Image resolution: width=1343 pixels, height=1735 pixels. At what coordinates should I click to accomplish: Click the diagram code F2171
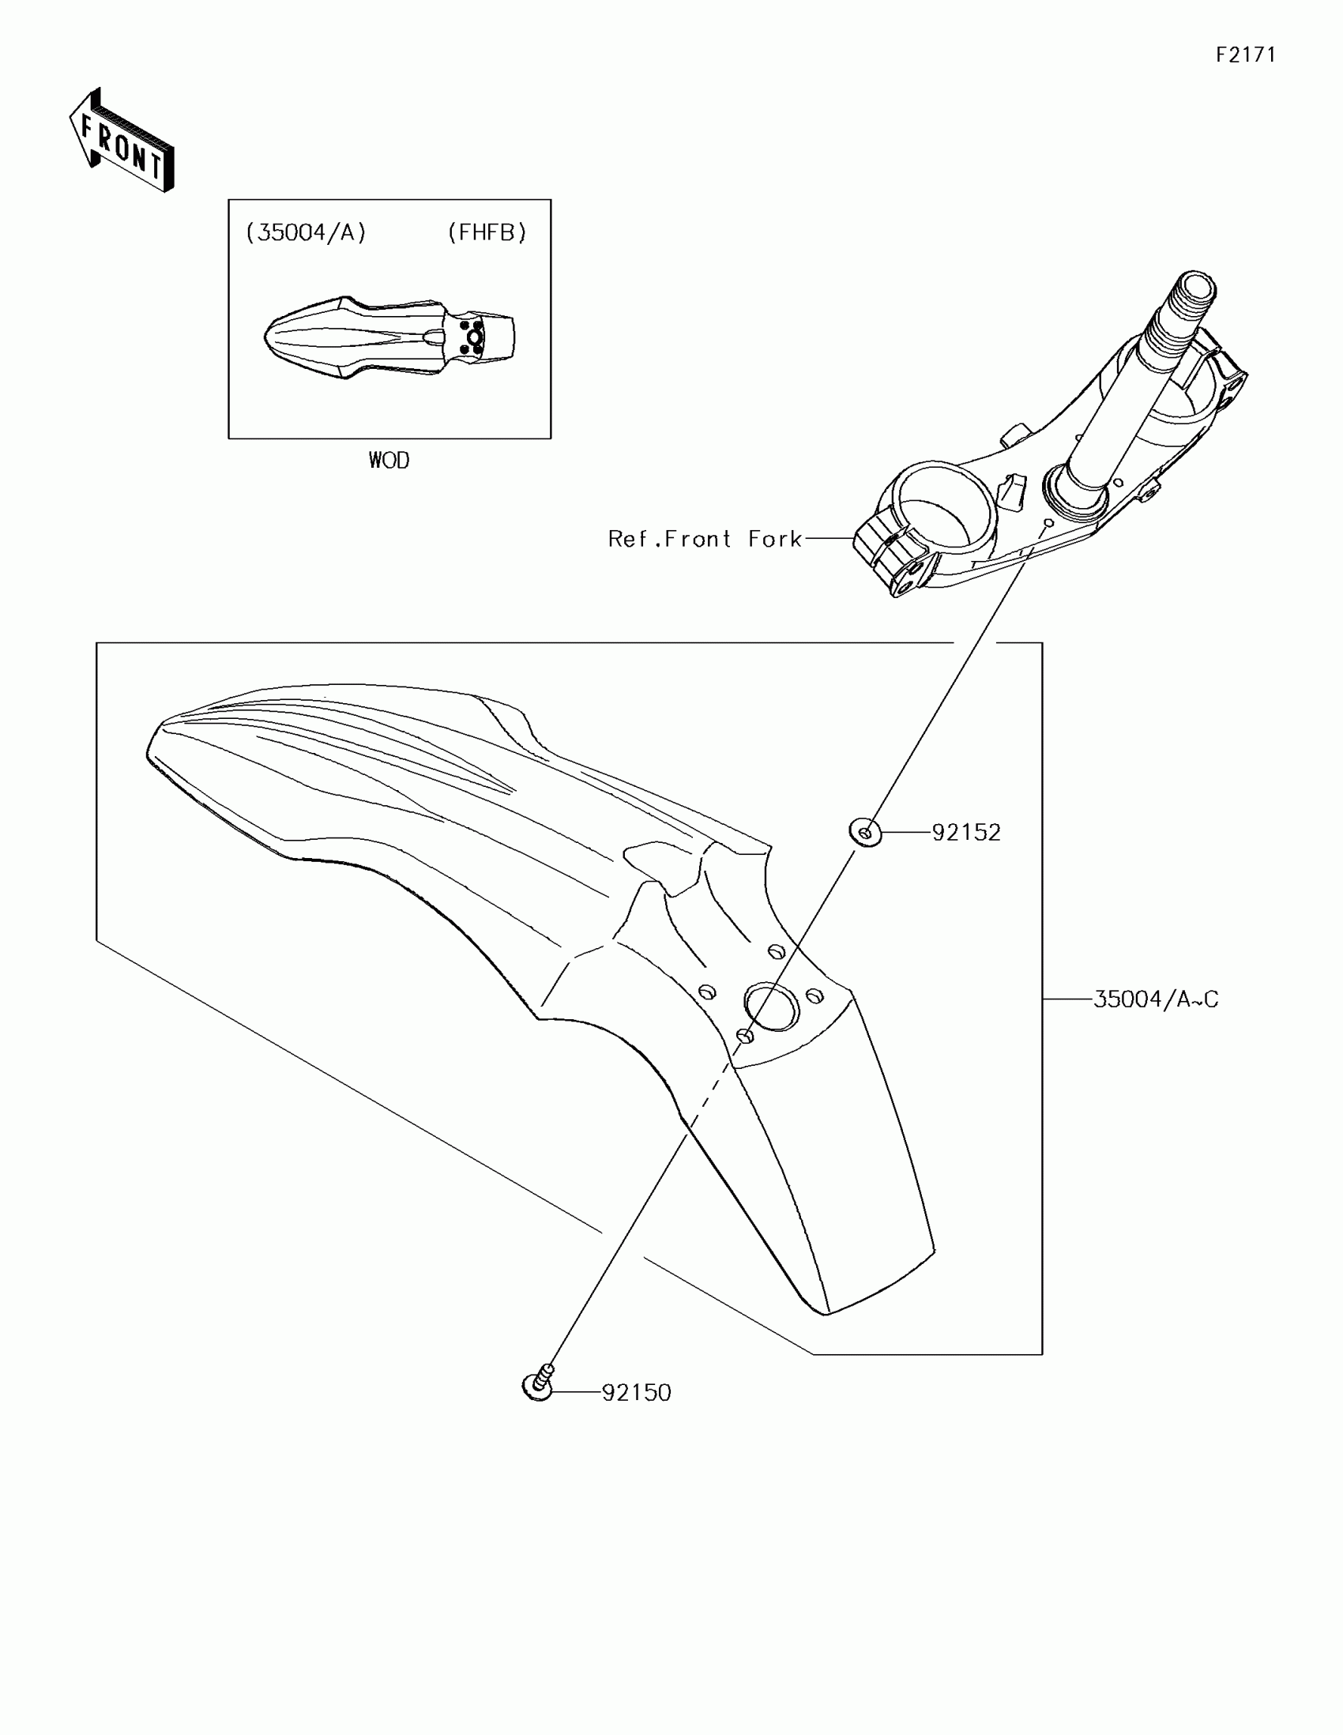[x=1245, y=55]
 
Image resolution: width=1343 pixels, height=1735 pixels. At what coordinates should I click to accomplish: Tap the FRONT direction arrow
[x=122, y=141]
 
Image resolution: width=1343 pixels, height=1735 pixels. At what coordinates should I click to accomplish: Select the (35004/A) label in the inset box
[x=306, y=232]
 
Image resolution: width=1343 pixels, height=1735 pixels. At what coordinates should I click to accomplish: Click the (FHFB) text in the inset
[x=487, y=232]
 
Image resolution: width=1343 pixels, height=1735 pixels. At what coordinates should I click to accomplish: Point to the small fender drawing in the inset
[x=389, y=338]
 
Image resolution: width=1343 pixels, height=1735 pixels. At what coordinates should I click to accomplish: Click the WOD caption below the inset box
[x=389, y=461]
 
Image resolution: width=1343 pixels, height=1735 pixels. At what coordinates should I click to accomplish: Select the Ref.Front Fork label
[x=705, y=540]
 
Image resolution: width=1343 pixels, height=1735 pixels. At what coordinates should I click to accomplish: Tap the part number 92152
[x=965, y=833]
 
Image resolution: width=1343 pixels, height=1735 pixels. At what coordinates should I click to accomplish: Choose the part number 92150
[x=636, y=1393]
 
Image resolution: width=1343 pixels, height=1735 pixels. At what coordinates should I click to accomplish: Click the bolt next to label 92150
[x=540, y=1385]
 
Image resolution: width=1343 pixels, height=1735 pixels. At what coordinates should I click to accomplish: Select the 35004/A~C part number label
[x=1156, y=999]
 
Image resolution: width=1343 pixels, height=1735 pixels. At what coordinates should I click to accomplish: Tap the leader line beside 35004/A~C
[x=1067, y=999]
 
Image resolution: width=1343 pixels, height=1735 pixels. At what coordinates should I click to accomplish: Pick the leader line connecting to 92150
[x=577, y=1393]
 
